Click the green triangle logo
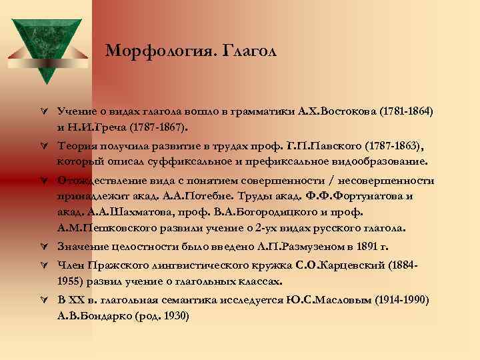click(45, 45)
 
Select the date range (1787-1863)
click(390, 145)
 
